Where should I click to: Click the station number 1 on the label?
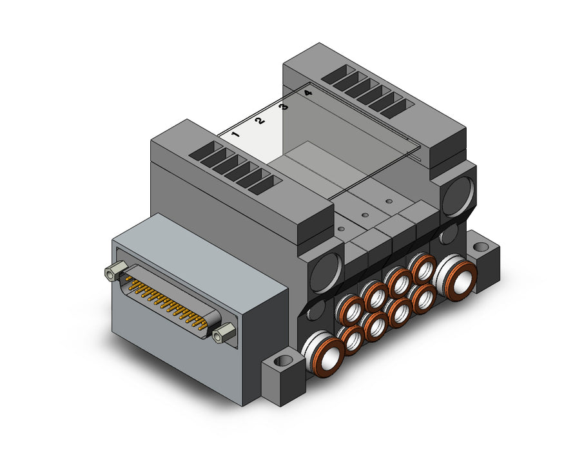pyautogui.click(x=235, y=134)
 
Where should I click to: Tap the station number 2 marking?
pyautogui.click(x=260, y=120)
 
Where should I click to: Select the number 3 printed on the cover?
pyautogui.click(x=284, y=107)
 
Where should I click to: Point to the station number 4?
pyautogui.click(x=307, y=93)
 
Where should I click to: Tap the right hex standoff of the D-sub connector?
pyautogui.click(x=224, y=332)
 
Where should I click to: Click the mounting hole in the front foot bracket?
pyautogui.click(x=285, y=360)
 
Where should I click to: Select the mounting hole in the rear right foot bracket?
pyautogui.click(x=482, y=246)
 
